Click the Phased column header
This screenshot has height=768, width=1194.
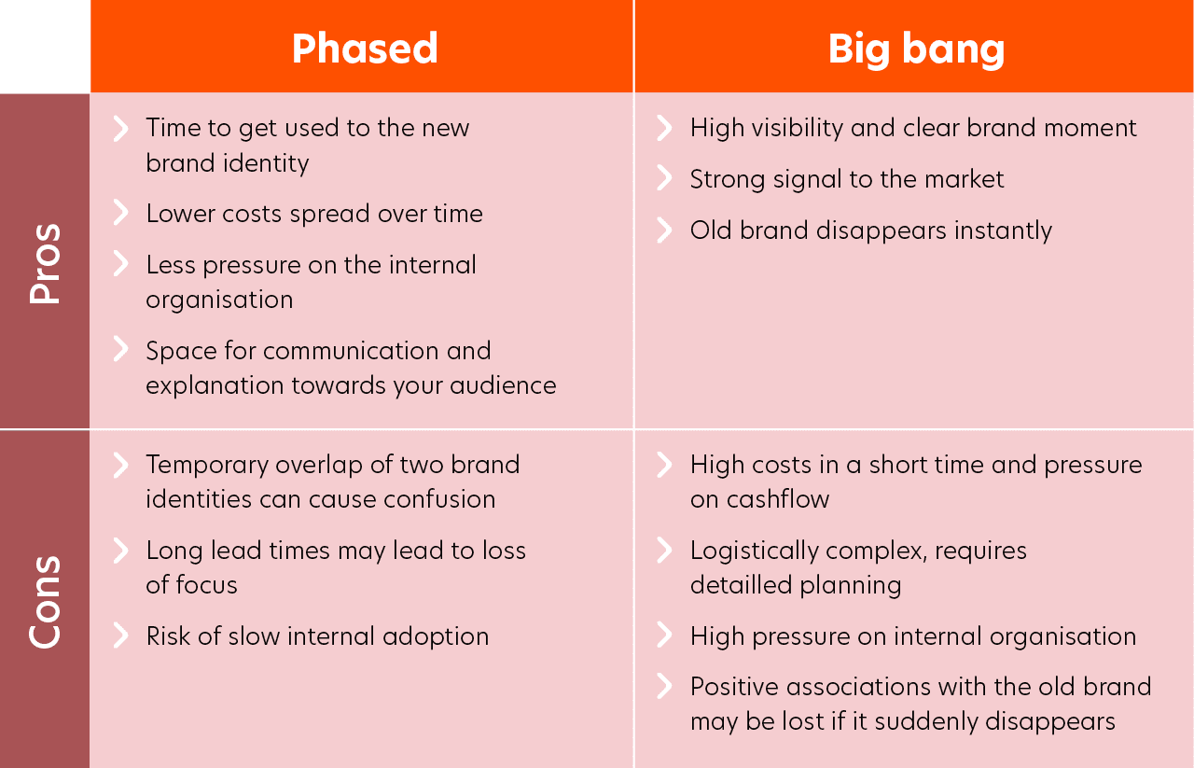pos(365,49)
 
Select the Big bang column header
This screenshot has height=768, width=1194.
pos(916,49)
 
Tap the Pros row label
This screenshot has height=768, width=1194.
pos(46,264)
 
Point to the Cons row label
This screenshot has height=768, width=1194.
pos(46,602)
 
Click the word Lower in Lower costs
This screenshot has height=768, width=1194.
pos(180,214)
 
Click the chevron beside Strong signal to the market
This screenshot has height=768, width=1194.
pos(664,178)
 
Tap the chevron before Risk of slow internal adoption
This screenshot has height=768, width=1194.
pos(121,635)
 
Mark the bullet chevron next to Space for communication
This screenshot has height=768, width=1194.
pos(121,349)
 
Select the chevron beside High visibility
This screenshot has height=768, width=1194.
pos(664,128)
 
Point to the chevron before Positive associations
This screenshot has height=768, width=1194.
pos(664,686)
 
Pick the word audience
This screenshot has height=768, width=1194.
pos(503,385)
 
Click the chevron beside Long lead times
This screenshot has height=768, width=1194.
pos(121,551)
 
